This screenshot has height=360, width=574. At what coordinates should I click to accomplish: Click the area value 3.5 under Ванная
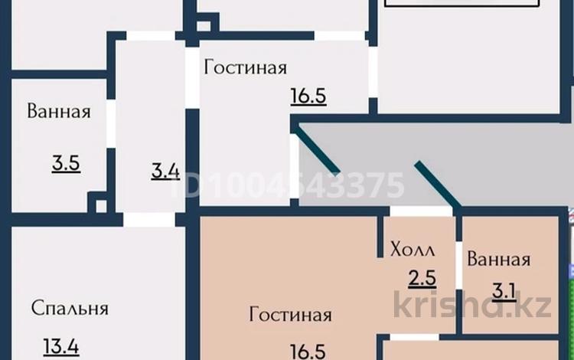(x=67, y=163)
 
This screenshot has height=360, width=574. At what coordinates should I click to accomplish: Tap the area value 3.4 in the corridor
(x=165, y=169)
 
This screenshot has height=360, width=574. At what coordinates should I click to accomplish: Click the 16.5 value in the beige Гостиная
(x=308, y=351)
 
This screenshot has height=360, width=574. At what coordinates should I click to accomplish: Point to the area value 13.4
(x=61, y=347)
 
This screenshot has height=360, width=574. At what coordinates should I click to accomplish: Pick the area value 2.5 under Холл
(x=422, y=278)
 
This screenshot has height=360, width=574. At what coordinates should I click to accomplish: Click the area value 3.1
(x=504, y=291)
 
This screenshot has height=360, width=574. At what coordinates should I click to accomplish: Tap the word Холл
(x=413, y=249)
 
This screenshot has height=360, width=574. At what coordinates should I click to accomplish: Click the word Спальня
(x=70, y=309)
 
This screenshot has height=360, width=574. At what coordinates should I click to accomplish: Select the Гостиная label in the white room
(x=246, y=67)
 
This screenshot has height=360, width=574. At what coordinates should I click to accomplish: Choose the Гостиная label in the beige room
(x=290, y=315)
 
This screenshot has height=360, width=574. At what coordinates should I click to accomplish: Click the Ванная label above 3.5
(x=59, y=112)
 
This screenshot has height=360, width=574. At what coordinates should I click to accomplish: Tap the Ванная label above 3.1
(x=498, y=259)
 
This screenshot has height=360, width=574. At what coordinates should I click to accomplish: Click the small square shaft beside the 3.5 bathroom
(x=97, y=204)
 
